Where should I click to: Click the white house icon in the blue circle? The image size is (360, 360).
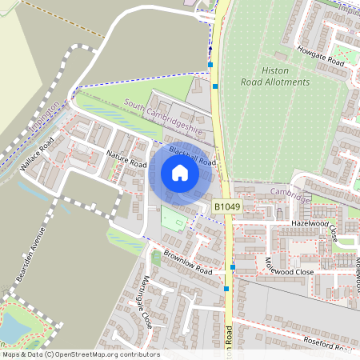coord(180,173)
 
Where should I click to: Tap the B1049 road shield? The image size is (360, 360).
coord(227,207)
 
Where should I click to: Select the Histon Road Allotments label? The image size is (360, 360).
coord(269,76)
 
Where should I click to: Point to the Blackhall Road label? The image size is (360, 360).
coord(193,156)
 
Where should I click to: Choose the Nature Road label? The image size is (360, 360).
coord(127,158)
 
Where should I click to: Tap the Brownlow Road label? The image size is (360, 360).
coord(187,265)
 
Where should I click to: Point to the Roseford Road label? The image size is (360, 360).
coord(327,342)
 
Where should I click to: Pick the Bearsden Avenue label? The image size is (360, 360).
coord(30,256)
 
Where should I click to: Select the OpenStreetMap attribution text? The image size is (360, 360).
coord(80,354)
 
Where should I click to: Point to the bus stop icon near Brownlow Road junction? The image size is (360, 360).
coord(232,267)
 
